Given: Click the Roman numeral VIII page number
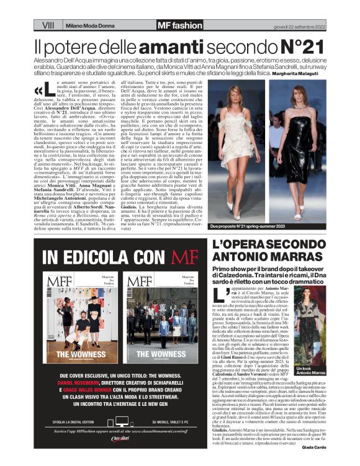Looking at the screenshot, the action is click(x=48, y=25).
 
